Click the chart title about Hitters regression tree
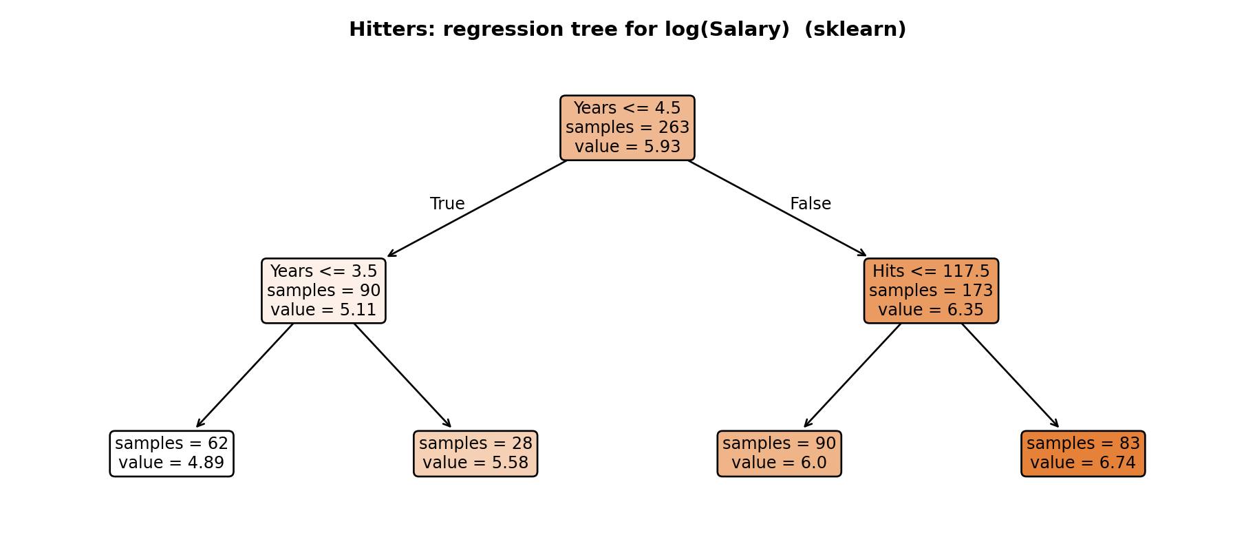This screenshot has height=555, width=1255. pyautogui.click(x=627, y=30)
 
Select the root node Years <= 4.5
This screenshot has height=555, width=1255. pyautogui.click(x=627, y=128)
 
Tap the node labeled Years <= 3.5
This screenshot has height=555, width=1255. pyautogui.click(x=323, y=291)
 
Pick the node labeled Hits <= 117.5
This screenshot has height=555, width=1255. pyautogui.click(x=931, y=291)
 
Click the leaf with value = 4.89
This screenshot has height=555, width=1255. pyautogui.click(x=171, y=454)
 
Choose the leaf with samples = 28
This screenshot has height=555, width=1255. pyautogui.click(x=475, y=454)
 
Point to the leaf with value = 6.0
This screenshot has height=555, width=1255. pyautogui.click(x=779, y=454)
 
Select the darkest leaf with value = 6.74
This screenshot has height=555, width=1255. pyautogui.click(x=1083, y=454)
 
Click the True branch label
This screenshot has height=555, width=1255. pyautogui.click(x=447, y=204)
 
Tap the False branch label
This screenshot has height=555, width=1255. pyautogui.click(x=811, y=204)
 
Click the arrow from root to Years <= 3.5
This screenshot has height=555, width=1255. pyautogui.click(x=478, y=209)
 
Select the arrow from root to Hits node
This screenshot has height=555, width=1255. pyautogui.click(x=777, y=209)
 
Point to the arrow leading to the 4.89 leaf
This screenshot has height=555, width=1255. pyautogui.click(x=245, y=375)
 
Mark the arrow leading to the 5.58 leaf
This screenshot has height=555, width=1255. pyautogui.click(x=403, y=375)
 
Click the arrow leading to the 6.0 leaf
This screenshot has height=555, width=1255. pyautogui.click(x=852, y=375)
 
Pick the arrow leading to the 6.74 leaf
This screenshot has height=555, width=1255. pyautogui.click(x=1010, y=375)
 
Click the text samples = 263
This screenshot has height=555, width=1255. pyautogui.click(x=627, y=128)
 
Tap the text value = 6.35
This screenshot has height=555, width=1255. pyautogui.click(x=931, y=310)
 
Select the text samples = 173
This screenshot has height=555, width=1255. pyautogui.click(x=931, y=291)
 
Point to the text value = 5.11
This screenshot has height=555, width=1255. pyautogui.click(x=323, y=310)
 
